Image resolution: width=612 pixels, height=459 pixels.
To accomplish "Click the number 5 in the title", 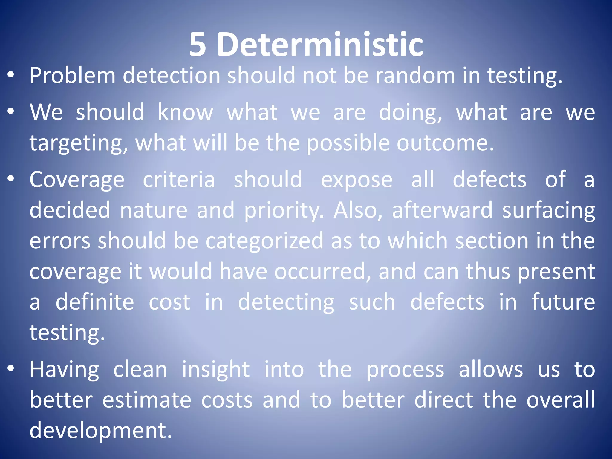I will pos(198,45).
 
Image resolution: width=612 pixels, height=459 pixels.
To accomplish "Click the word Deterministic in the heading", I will pos(320,45).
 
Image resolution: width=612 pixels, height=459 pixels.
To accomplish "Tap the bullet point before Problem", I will pos(11,75).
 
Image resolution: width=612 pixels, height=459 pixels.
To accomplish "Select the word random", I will pos(415,75).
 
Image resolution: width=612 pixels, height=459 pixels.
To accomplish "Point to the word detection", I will pos(172,75).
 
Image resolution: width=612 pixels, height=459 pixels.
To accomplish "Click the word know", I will pos(185,112).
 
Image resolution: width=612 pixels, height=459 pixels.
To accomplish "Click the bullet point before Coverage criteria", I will pos(11,179).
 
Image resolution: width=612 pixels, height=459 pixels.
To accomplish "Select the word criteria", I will pos(179,180).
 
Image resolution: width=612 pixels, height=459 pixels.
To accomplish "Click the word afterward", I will pos(442,210).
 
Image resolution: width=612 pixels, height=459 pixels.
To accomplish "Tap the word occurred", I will pos(323,271).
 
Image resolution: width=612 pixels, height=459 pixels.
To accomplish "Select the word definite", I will pos(95,302).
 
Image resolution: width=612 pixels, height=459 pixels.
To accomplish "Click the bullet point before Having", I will pos(11,368).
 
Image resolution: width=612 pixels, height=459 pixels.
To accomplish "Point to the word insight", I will pos(215,370).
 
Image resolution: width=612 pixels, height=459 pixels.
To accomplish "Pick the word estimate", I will pos(147,400).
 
